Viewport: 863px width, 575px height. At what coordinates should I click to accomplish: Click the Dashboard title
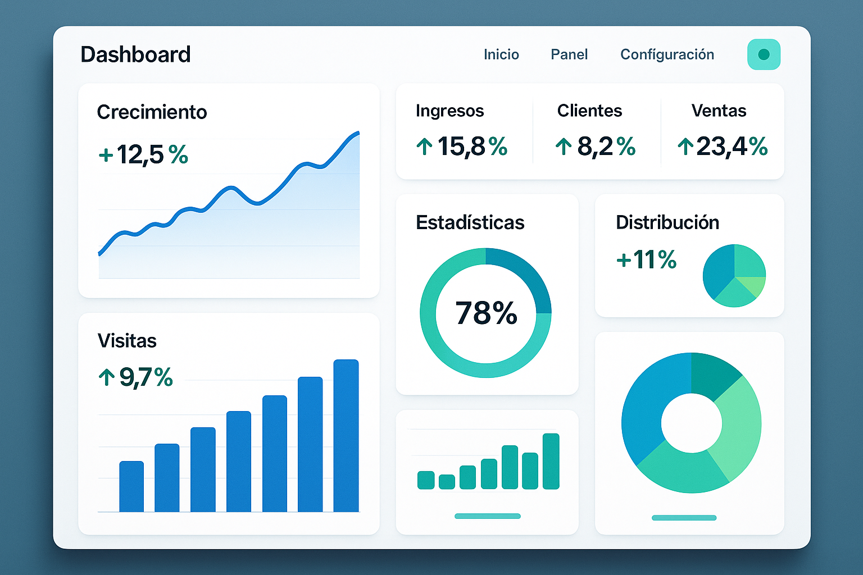click(135, 54)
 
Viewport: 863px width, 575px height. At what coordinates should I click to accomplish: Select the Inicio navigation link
click(501, 54)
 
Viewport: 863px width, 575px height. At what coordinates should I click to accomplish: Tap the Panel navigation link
click(569, 54)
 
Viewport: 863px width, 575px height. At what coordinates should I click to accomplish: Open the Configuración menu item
click(667, 54)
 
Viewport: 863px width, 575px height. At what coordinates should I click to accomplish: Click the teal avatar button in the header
click(764, 54)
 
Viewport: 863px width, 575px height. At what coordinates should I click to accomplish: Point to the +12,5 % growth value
click(143, 154)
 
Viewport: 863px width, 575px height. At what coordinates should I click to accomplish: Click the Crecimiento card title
click(152, 112)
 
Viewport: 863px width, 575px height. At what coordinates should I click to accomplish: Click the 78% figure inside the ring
click(486, 313)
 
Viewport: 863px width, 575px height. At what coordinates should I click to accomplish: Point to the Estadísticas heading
click(470, 222)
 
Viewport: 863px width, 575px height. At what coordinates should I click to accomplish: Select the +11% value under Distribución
click(647, 259)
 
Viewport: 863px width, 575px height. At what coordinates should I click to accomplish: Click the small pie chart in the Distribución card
click(734, 276)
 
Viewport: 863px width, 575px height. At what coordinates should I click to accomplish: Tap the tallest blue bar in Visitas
click(346, 435)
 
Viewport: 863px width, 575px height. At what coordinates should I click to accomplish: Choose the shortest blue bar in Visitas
click(131, 486)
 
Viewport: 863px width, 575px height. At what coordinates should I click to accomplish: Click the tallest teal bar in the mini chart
click(551, 461)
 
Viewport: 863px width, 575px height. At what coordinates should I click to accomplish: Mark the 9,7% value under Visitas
click(146, 377)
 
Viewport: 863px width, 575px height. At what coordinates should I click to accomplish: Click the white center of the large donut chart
click(691, 423)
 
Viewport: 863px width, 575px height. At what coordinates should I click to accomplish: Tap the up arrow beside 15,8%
click(424, 147)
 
